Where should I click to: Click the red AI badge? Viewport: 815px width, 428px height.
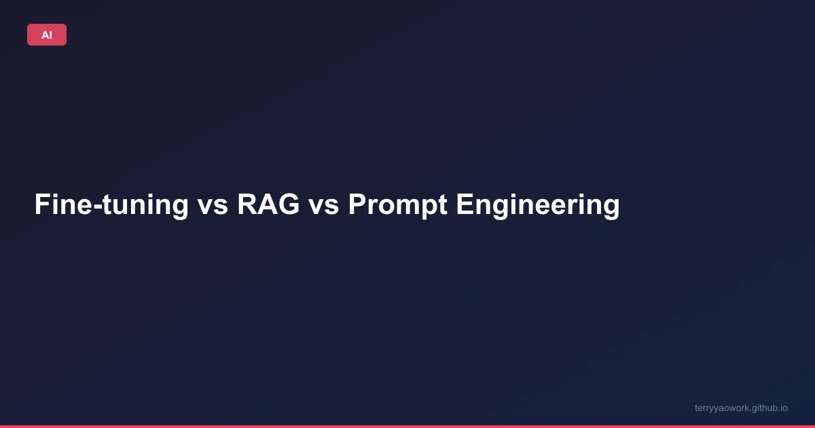[47, 35]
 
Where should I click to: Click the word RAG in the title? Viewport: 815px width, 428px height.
[268, 205]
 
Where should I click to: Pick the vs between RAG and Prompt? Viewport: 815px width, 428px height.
[323, 205]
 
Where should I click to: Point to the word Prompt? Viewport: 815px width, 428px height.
[397, 205]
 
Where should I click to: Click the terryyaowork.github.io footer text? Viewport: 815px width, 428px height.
[741, 408]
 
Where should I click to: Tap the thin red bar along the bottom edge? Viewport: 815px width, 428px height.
[407, 426]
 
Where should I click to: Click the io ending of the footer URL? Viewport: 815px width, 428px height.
[784, 408]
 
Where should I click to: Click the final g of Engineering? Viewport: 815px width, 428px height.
[611, 207]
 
